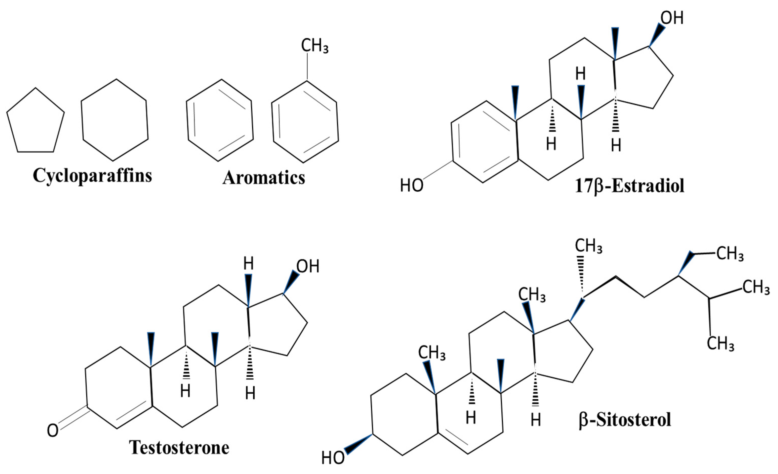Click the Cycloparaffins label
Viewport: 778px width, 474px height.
point(92,176)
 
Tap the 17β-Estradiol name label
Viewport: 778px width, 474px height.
point(630,186)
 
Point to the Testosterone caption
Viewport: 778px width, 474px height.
point(179,447)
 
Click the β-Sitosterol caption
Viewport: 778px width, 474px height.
point(625,420)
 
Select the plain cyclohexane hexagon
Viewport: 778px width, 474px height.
point(115,120)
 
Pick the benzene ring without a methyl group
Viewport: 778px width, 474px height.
point(220,120)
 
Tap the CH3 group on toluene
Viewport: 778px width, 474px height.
point(315,46)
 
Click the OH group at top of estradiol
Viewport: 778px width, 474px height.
point(672,18)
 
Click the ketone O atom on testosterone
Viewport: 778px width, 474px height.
point(53,431)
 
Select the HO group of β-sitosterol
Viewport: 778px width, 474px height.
point(333,458)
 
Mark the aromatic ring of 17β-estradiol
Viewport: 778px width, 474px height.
point(485,142)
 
